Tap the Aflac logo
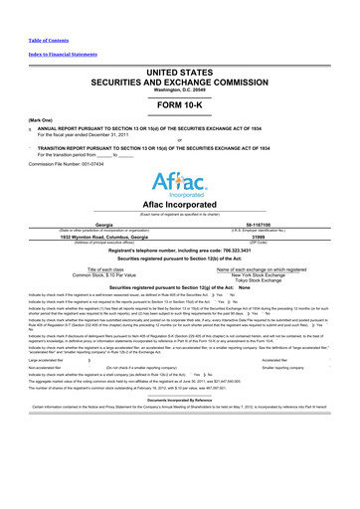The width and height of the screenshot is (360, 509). (x=179, y=184)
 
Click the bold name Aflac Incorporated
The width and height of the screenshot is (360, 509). (x=180, y=203)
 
